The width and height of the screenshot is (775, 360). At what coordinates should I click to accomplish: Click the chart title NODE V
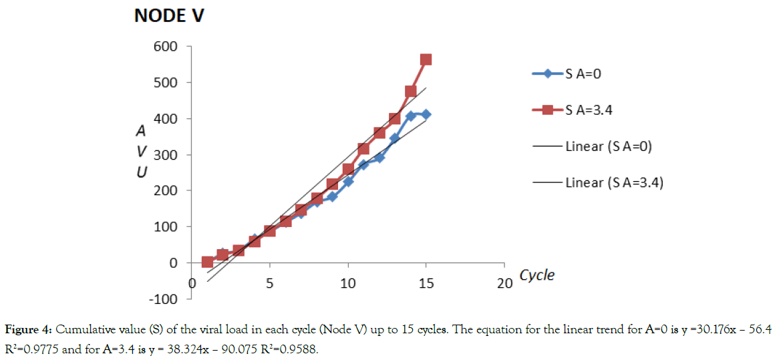[x=168, y=16]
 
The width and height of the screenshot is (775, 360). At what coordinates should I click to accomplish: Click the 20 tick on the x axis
[x=504, y=283]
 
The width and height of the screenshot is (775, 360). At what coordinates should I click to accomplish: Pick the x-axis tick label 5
[x=270, y=283]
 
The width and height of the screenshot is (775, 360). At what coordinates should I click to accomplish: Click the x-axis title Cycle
[x=536, y=275]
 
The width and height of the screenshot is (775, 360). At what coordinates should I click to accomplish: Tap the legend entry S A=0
[x=582, y=73]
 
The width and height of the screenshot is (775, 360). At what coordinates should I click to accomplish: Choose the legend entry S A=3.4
[x=588, y=110]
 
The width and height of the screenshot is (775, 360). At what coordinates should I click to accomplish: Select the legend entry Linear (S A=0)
[x=608, y=146]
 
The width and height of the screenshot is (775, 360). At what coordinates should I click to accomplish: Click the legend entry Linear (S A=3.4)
[x=613, y=182]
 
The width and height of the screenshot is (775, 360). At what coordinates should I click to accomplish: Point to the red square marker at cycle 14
[x=411, y=92]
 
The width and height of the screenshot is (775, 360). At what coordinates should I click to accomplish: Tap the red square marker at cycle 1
[x=207, y=262]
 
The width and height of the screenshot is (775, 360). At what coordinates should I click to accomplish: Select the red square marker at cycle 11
[x=363, y=149]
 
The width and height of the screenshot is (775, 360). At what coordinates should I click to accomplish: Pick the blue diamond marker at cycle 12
[x=379, y=158]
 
